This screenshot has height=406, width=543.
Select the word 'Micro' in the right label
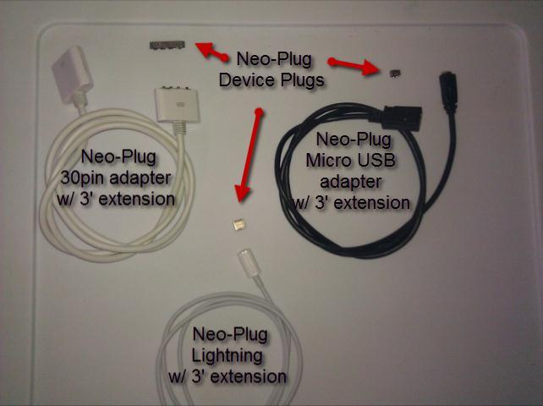[325, 160]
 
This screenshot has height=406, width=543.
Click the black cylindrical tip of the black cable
[446, 88]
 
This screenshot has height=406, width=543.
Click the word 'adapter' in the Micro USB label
[349, 181]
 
